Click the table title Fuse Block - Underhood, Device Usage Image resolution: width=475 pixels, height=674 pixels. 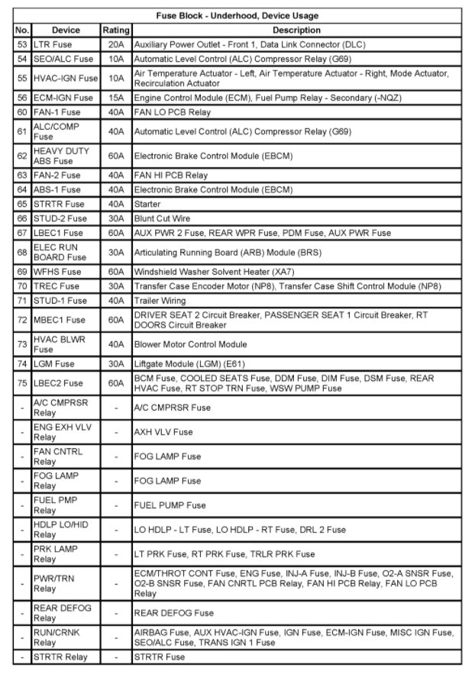point(238,15)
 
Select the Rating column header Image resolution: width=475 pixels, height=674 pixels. point(116,30)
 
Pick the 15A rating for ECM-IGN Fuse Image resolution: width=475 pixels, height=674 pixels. point(116,98)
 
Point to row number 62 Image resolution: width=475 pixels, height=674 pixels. point(22,156)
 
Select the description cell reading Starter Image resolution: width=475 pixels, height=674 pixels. point(151,205)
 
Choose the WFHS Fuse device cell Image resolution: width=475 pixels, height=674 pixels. point(57,272)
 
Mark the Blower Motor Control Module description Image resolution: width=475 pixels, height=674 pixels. point(190,344)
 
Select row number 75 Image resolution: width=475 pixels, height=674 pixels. point(22,383)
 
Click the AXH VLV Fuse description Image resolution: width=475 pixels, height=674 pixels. point(163,432)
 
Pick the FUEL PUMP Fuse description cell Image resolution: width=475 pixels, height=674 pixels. point(170,505)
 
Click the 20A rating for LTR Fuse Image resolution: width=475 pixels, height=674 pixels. point(116,44)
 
